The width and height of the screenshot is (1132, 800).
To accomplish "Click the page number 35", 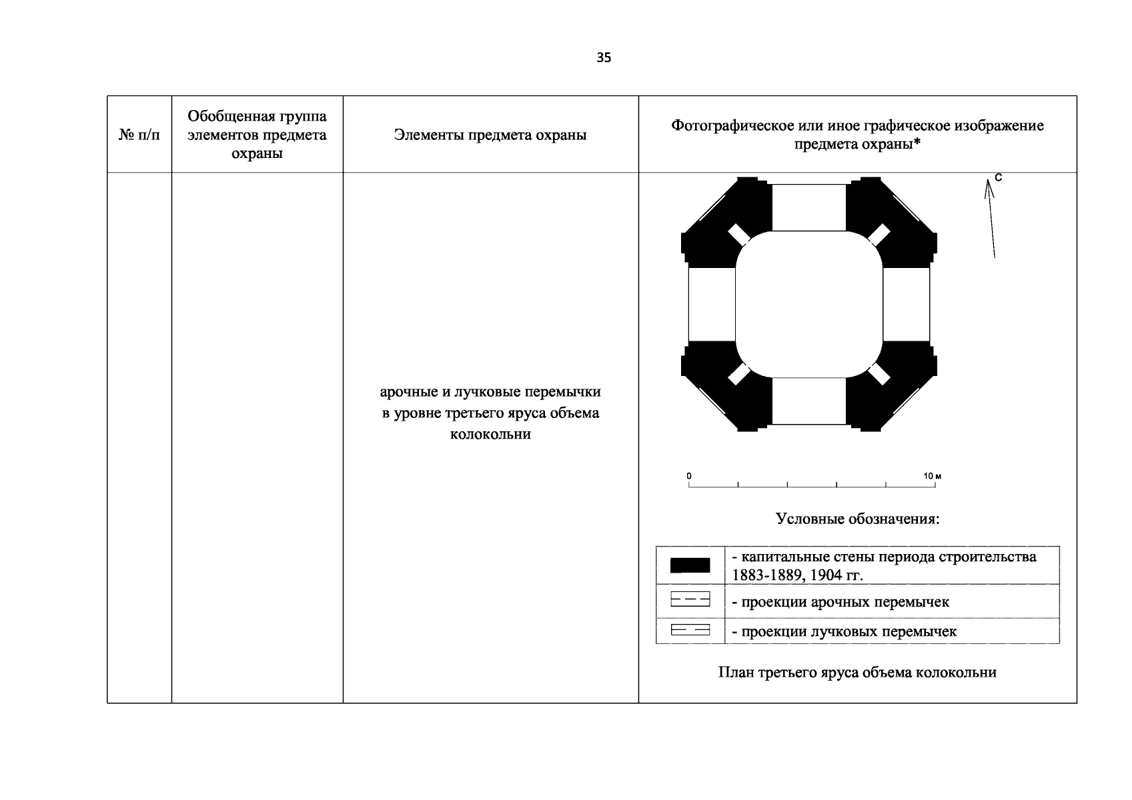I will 604,58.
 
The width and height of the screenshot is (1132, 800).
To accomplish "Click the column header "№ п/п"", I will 139,135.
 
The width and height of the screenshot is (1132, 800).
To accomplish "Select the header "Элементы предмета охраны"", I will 490,135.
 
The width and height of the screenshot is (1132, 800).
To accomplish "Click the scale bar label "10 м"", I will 932,476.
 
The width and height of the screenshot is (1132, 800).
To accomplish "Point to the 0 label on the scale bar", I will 689,476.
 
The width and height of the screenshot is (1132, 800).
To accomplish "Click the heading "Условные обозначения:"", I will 857,519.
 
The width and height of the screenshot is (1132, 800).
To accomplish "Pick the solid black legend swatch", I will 690,565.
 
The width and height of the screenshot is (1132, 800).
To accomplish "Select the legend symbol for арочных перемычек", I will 690,601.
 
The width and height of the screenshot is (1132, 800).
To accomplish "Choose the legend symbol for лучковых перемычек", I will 690,630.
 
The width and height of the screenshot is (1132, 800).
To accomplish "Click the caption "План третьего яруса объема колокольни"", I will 857,672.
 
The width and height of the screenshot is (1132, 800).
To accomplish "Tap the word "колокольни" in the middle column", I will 490,435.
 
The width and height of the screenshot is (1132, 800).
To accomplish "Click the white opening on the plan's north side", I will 808,207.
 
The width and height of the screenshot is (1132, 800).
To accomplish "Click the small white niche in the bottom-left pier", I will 738,374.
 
